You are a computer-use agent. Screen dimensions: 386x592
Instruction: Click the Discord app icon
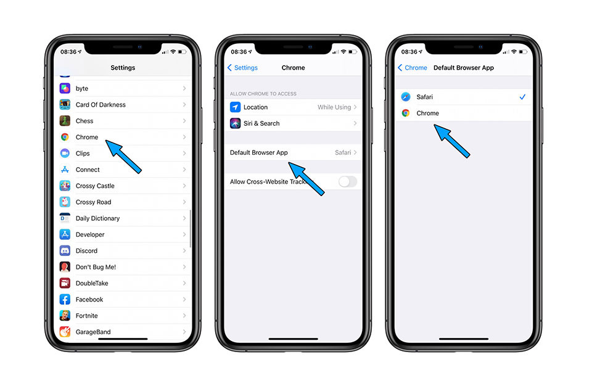coord(65,251)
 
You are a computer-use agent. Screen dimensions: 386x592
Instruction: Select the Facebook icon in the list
coord(65,300)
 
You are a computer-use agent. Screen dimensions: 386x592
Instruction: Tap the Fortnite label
coord(86,316)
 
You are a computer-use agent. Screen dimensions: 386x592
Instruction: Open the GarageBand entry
coord(92,332)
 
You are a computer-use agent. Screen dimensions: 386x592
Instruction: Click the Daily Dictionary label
coord(97,218)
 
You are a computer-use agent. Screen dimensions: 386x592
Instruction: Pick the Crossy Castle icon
coord(65,186)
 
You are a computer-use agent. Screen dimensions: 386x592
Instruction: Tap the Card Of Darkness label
coord(101,105)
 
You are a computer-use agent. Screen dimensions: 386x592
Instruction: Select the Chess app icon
coord(65,121)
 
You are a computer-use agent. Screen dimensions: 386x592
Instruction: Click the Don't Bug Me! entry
coord(96,267)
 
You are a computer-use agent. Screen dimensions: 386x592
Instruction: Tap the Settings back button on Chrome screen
coord(242,68)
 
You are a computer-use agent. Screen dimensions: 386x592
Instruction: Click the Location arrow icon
coord(235,107)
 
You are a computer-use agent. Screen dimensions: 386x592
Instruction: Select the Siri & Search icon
coord(235,123)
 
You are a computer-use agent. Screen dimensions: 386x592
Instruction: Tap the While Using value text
coord(334,107)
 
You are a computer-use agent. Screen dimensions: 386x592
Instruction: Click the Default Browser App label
coord(258,152)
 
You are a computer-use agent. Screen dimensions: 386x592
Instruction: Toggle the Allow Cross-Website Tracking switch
coord(348,181)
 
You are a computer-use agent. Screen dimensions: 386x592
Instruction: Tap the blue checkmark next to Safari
coord(522,97)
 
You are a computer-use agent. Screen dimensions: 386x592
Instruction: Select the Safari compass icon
coord(406,97)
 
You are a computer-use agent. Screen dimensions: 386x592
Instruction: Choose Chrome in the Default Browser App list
coord(427,113)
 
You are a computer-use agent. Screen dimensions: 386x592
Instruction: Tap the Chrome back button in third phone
coord(413,68)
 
